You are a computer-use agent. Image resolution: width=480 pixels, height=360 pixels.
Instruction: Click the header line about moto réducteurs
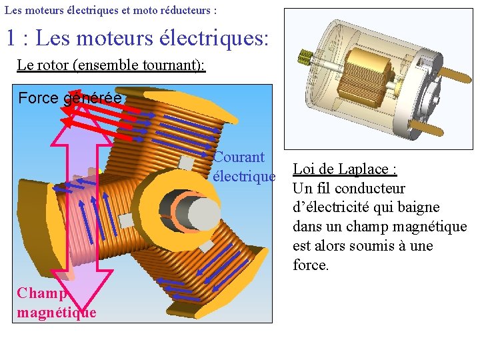(110, 11)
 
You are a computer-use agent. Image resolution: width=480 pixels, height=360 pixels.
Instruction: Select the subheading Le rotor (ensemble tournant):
(111, 65)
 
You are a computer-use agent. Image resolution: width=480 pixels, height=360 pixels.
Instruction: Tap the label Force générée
(70, 98)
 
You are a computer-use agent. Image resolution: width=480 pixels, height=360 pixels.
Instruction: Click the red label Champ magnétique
(56, 303)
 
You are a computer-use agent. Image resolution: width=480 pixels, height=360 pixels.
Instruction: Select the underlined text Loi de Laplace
(345, 169)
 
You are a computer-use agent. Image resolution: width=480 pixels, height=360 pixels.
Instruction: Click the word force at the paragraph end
(310, 265)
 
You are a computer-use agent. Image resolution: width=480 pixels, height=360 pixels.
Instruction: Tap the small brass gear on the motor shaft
(306, 58)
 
